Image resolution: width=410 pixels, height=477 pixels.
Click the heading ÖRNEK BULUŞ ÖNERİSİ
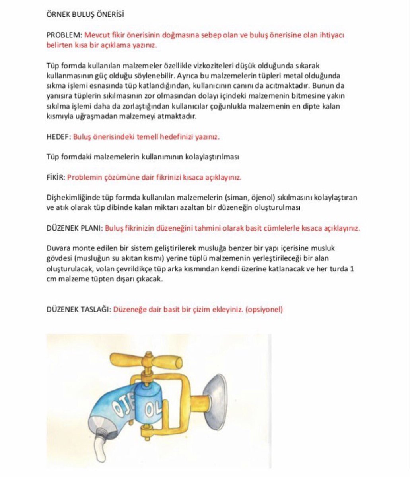tap(85, 14)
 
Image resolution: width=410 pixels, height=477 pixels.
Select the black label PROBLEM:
tap(64, 35)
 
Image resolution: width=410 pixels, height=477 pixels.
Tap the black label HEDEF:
tap(58, 137)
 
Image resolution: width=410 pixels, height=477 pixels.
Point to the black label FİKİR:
tap(55, 177)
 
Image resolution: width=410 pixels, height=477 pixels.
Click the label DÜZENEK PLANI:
tap(74, 229)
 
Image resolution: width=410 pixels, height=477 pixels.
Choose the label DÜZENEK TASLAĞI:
tap(78, 309)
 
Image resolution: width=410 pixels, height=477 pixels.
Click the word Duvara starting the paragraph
tap(58, 248)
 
